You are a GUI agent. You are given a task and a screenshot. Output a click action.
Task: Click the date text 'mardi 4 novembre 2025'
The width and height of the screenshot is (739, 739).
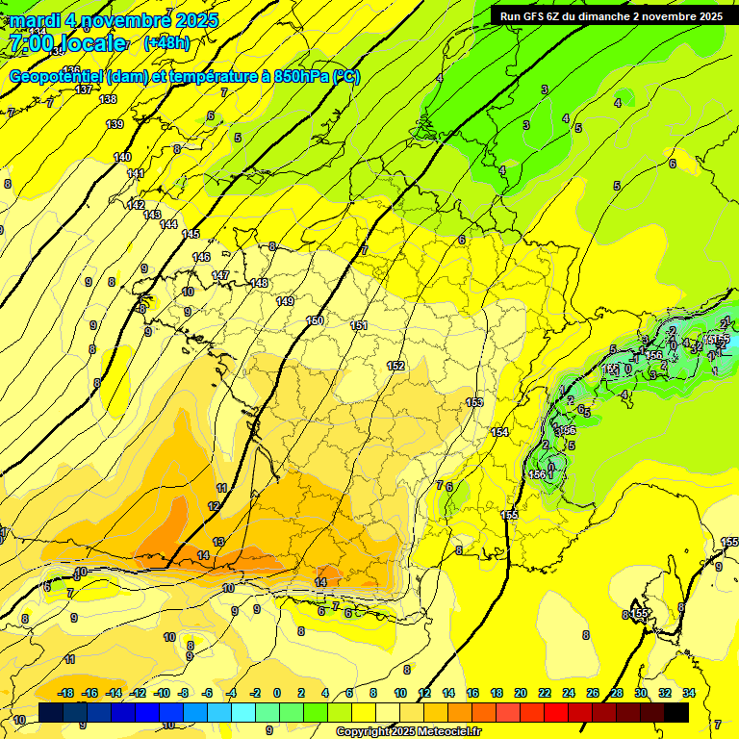point(114,20)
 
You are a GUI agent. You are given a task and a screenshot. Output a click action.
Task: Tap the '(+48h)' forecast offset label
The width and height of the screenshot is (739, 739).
point(166,42)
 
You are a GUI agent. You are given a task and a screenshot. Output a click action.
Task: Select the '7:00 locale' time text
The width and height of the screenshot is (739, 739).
point(66,43)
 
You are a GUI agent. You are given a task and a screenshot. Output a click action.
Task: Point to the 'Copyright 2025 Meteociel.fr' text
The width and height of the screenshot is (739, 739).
point(408,731)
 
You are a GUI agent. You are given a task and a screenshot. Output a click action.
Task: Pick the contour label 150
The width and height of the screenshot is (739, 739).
point(315,320)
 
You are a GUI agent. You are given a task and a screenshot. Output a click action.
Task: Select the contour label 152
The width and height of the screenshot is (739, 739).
point(395,366)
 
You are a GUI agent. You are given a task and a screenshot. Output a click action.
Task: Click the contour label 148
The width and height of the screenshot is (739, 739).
point(259,283)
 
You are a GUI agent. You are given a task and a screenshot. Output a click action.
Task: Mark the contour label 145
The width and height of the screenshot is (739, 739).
point(191,234)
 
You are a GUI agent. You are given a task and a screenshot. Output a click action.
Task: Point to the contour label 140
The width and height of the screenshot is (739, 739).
point(122,157)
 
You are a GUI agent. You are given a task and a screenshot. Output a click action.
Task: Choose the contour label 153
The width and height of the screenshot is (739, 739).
point(474,402)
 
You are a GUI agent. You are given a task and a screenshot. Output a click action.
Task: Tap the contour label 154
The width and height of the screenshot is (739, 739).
point(499,432)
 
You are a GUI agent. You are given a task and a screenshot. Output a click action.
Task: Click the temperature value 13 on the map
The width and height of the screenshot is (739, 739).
point(218,542)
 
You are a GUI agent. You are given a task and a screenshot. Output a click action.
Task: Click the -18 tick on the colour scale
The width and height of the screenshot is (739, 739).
point(66,693)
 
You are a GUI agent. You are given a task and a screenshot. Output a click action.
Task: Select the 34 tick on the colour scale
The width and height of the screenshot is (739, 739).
point(689,693)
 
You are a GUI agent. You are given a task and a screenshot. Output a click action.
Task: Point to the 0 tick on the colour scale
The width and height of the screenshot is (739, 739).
point(277,693)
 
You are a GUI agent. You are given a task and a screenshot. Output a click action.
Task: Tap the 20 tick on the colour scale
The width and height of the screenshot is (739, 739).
point(521,693)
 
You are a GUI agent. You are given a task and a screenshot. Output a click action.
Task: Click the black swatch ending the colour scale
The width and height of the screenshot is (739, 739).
point(676,712)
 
